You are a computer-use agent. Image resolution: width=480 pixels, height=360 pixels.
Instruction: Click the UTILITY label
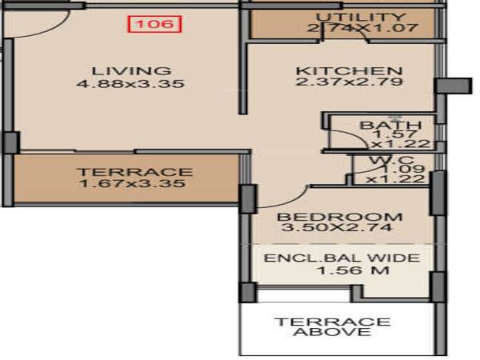[361, 18]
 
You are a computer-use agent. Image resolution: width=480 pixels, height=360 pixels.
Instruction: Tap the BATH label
[379, 126]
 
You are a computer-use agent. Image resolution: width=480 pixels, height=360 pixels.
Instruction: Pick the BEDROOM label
[340, 217]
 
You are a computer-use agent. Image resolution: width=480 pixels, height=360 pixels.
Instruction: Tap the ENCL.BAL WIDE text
[342, 258]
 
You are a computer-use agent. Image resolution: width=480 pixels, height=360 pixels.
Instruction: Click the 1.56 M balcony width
[342, 272]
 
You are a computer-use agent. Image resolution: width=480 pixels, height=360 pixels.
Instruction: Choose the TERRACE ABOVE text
[333, 326]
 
